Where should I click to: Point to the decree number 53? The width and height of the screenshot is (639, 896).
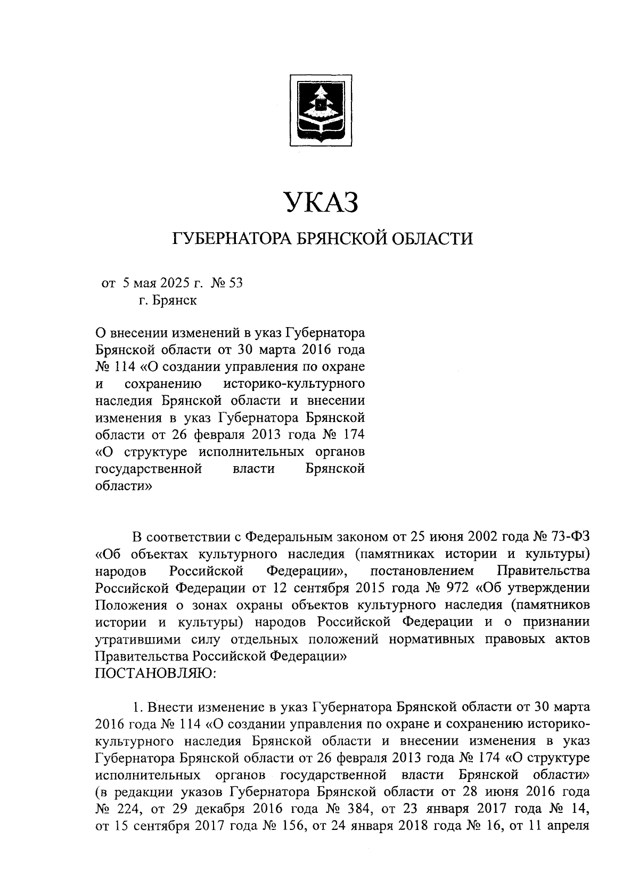[235, 283]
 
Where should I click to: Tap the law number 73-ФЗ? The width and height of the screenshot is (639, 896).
[571, 535]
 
